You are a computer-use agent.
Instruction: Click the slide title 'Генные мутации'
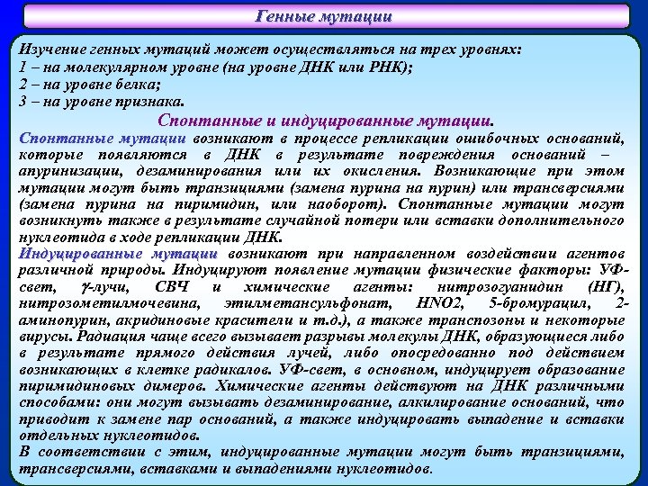324,16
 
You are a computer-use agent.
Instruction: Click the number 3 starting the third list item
22,100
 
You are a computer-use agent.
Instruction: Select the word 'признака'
148,100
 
